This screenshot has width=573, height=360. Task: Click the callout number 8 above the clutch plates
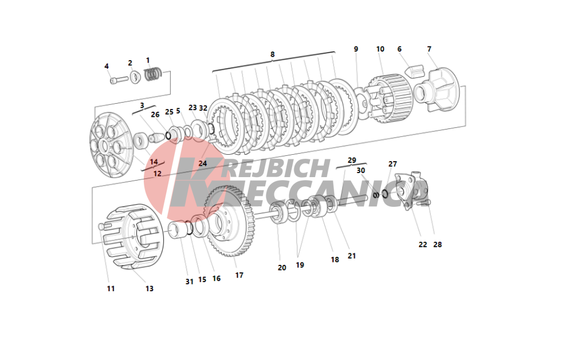[272, 54]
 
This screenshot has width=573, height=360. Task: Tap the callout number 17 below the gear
[240, 275]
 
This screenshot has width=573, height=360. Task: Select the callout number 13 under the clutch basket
[150, 289]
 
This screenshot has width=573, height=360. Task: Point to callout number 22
[423, 245]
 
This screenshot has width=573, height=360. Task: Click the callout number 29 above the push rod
[352, 160]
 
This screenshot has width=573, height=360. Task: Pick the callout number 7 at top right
[429, 49]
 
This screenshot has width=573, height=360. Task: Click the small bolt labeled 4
[119, 79]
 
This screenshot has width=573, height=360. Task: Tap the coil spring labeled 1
[152, 74]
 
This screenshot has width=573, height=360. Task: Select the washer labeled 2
[136, 77]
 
